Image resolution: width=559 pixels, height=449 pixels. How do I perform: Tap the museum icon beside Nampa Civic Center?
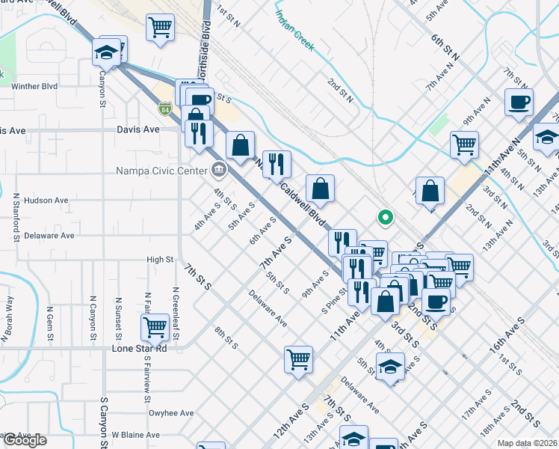click(x=218, y=170)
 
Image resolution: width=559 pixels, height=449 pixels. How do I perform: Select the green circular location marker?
click(x=386, y=218)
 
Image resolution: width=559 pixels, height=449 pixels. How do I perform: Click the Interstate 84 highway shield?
click(x=164, y=109)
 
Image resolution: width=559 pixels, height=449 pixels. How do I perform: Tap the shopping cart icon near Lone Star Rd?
click(x=155, y=326)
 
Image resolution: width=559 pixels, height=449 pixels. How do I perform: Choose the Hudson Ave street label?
click(x=46, y=201)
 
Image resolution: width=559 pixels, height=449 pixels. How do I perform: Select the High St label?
click(x=160, y=260)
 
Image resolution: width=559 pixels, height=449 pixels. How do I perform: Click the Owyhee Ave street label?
click(x=171, y=412)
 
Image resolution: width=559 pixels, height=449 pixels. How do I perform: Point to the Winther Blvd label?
click(x=34, y=86)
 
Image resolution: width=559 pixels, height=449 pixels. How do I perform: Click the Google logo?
click(x=25, y=439)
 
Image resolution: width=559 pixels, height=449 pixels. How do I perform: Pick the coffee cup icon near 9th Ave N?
click(x=519, y=103)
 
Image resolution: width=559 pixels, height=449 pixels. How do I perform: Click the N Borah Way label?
click(x=10, y=314)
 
